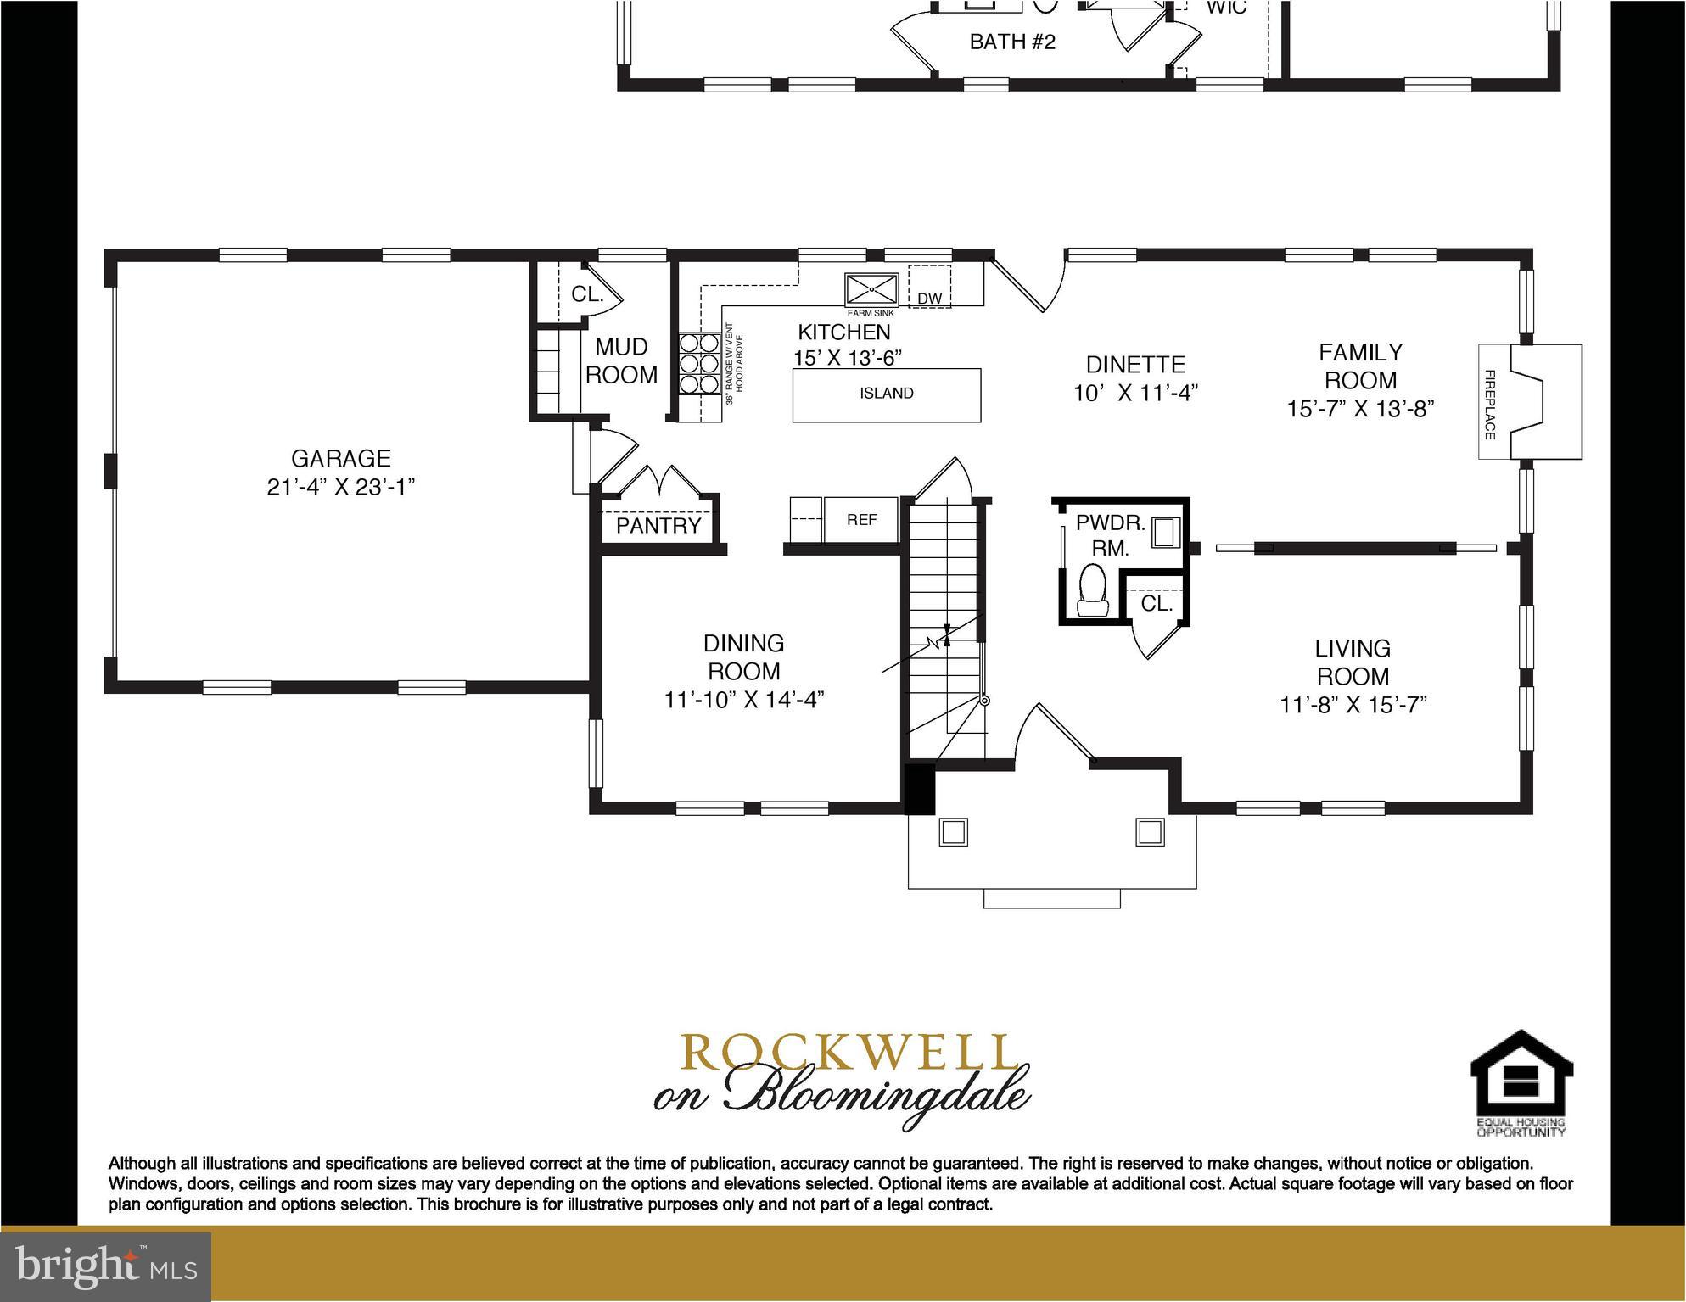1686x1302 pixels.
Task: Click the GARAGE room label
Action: pos(340,459)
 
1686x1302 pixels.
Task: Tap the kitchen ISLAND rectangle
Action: pos(886,394)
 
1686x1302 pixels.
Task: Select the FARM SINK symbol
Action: pos(871,290)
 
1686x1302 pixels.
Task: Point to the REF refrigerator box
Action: pos(861,519)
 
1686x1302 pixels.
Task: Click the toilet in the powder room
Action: pos(1092,590)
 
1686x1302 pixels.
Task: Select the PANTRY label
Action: pos(658,526)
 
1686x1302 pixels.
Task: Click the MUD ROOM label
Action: pos(621,360)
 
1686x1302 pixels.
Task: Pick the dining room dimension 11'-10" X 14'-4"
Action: pos(743,700)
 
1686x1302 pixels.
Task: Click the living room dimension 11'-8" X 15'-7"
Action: pos(1353,705)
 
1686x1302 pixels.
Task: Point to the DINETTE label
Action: pos(1134,365)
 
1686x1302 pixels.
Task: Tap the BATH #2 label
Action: pos(1011,42)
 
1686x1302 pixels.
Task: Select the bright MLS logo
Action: pos(105,1266)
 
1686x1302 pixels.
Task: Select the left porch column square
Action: pos(953,832)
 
